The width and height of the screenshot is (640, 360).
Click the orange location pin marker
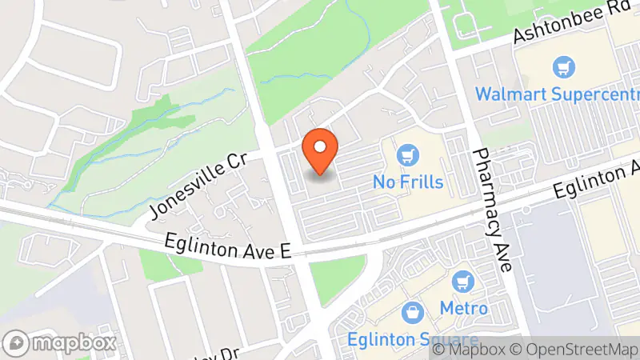[x=320, y=151]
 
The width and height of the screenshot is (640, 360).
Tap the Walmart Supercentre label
[x=557, y=94]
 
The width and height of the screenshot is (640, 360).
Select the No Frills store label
[x=408, y=182]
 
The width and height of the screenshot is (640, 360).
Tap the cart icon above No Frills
[x=409, y=153]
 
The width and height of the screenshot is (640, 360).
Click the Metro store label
[x=463, y=308]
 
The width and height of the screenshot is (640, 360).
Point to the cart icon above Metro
[x=462, y=282]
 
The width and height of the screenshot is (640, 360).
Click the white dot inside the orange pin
[x=320, y=146]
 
